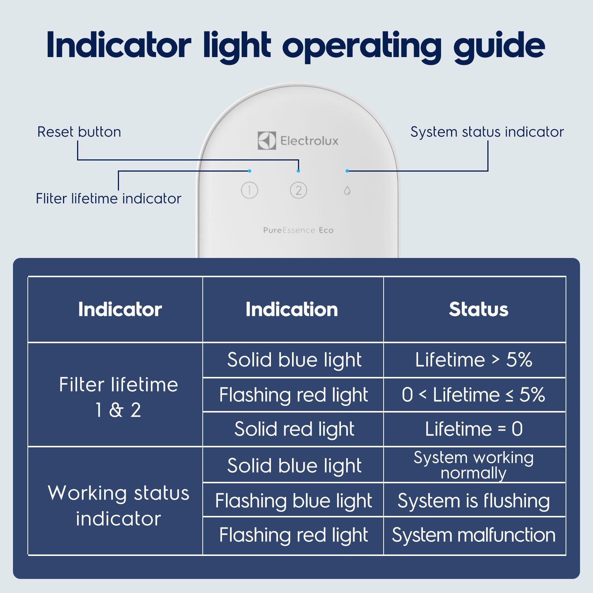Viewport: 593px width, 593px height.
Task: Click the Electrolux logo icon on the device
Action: tap(267, 140)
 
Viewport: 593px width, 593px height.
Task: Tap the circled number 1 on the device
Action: tap(249, 191)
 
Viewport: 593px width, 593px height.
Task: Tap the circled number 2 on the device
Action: tap(298, 191)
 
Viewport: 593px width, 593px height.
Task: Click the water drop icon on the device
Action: tap(347, 191)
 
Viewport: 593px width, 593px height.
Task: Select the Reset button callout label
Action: tap(79, 132)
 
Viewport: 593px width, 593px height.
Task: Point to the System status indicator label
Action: tap(487, 132)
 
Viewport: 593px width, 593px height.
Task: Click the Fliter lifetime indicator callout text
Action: tap(109, 199)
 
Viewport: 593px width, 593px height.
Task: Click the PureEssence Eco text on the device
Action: tap(298, 230)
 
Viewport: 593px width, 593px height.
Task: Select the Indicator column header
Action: tap(120, 309)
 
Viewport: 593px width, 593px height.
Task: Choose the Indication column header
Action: tap(292, 309)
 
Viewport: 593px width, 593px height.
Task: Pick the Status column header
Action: tap(478, 309)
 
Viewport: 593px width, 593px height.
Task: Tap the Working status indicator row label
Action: tap(119, 506)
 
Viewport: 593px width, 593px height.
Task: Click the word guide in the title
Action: tap(499, 47)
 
